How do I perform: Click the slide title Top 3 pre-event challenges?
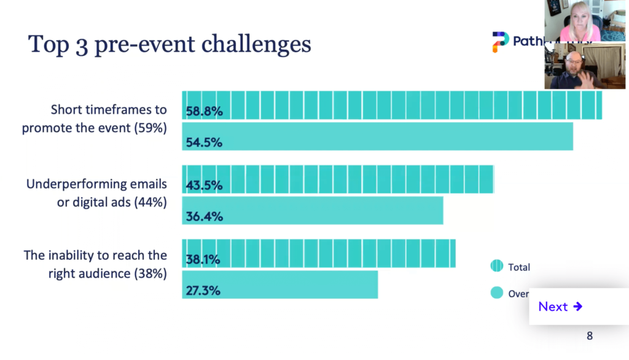point(170,45)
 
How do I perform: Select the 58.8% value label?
point(204,111)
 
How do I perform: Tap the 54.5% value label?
point(204,143)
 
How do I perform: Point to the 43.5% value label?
point(204,185)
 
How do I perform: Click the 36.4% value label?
point(204,216)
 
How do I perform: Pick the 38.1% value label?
point(204,259)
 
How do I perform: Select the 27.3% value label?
point(204,291)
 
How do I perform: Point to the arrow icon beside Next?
point(577,307)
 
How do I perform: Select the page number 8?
point(590,336)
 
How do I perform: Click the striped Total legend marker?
point(496,266)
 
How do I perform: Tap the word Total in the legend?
point(519,267)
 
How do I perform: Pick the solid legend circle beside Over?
point(496,293)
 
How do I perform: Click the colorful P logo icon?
point(500,42)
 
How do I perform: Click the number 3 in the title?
point(81,45)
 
